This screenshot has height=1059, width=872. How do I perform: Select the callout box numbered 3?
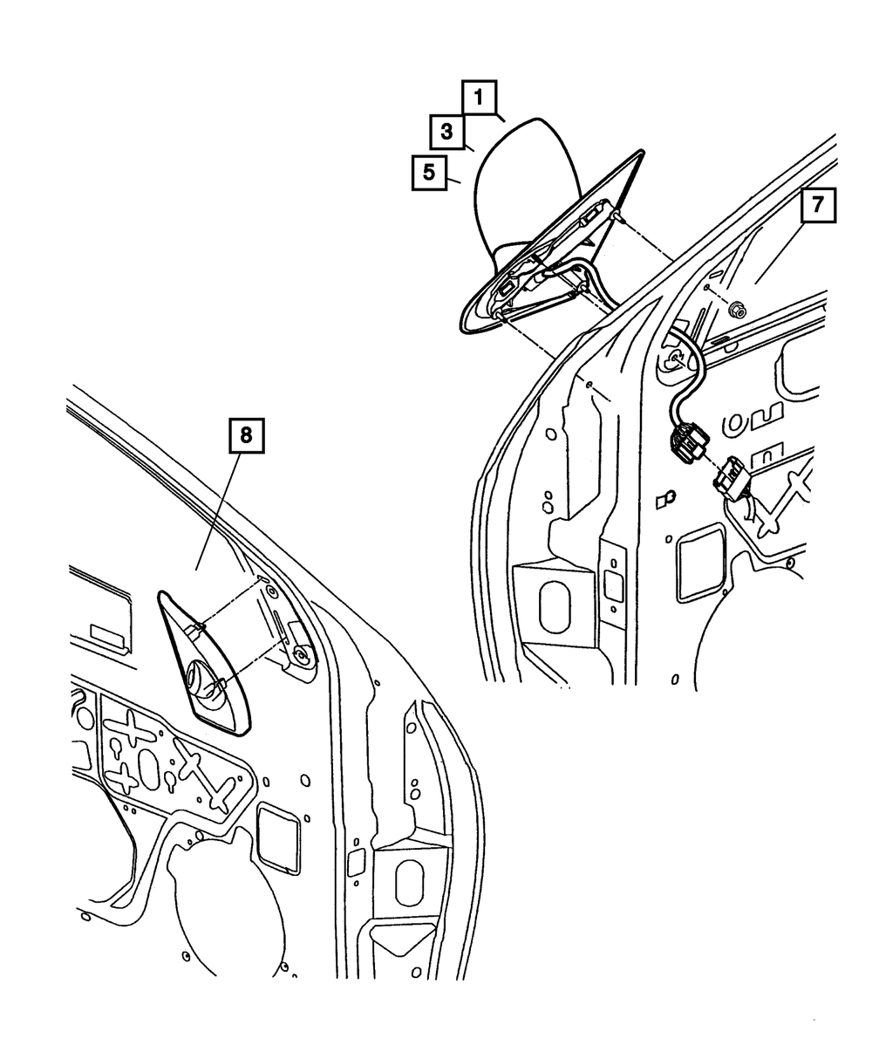click(446, 133)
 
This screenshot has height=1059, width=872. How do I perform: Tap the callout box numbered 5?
click(428, 172)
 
